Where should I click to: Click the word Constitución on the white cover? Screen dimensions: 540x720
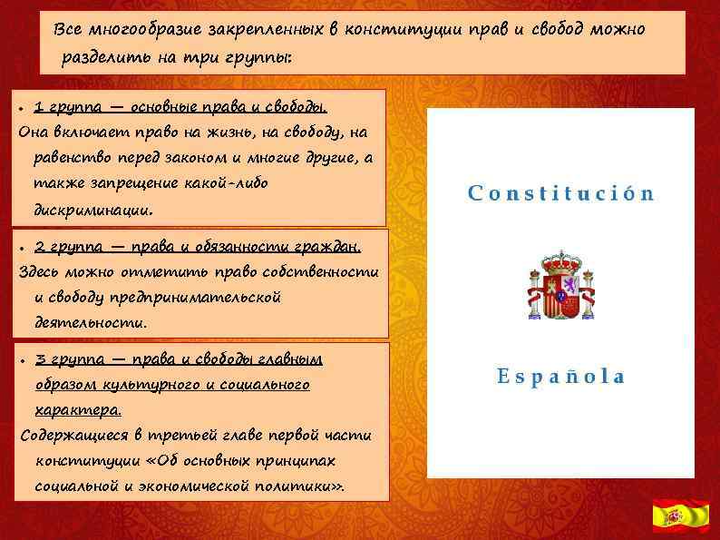click(x=561, y=193)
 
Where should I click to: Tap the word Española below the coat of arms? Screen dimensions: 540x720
click(x=561, y=376)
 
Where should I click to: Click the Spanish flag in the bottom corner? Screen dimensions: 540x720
click(x=681, y=515)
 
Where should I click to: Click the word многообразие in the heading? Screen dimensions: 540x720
click(x=132, y=30)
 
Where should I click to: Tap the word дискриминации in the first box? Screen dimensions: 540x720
click(x=92, y=209)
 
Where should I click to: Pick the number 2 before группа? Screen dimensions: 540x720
click(x=39, y=246)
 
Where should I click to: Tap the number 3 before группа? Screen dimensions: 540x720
click(x=39, y=359)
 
